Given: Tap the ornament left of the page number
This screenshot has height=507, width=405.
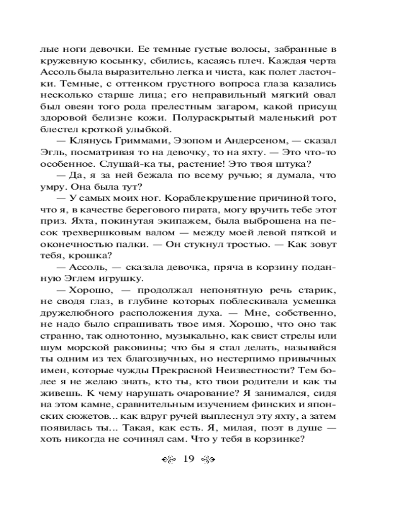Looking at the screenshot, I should tap(169, 460).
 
